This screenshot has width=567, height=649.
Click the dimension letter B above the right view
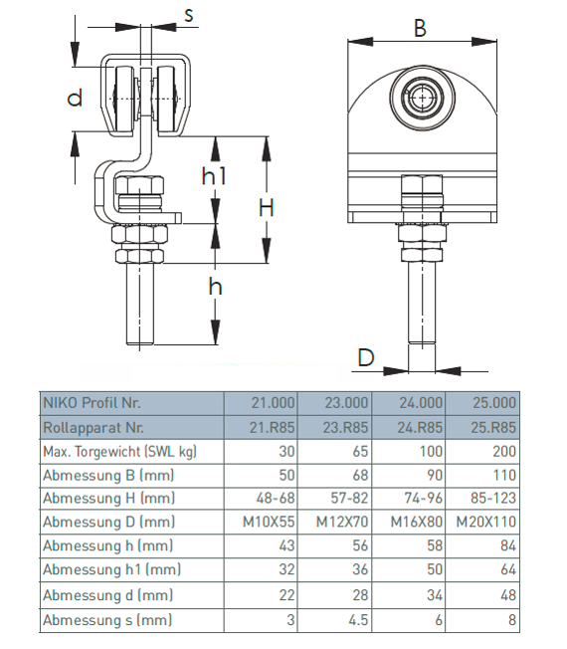pos(420,28)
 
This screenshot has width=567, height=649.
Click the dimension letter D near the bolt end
pos(366,357)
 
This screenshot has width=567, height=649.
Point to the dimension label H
pos(267,207)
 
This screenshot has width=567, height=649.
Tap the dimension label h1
pos(214,176)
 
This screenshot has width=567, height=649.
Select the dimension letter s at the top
pos(189,15)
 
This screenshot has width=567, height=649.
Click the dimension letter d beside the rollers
pos(75,98)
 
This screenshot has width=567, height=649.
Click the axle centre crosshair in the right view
pos(422,98)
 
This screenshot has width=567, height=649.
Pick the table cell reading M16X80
pos(417,522)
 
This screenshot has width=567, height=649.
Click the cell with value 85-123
pos(493,498)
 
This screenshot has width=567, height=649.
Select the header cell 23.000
pos(346,403)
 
